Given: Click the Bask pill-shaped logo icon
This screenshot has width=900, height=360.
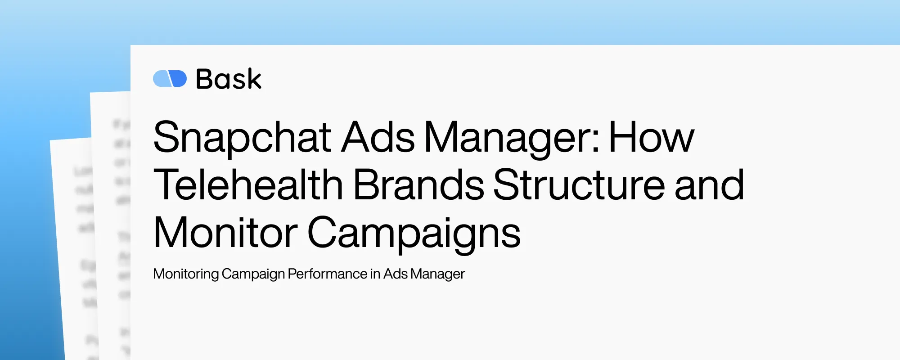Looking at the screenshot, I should [x=170, y=79].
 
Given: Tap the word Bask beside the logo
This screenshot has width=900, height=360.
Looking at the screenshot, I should [x=229, y=79].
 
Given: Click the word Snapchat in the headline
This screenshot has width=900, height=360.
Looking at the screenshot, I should [x=242, y=137].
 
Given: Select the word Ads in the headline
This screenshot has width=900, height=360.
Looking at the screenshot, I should [x=378, y=137].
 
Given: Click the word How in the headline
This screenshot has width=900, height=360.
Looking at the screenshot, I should [x=651, y=137].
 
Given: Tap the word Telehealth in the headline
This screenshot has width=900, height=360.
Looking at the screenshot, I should [x=248, y=185].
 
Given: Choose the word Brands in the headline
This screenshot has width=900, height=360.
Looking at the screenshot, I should [x=418, y=185].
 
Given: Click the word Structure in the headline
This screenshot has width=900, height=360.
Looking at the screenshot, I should [x=579, y=185].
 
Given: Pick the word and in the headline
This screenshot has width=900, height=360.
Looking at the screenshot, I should [x=709, y=185].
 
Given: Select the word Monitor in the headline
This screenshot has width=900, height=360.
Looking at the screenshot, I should [x=225, y=233].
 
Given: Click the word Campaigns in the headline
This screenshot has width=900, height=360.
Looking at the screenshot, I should [x=414, y=233].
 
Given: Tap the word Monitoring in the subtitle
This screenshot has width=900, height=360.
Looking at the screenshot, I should [x=186, y=274].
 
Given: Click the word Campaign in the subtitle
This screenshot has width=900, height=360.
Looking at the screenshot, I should [x=253, y=274].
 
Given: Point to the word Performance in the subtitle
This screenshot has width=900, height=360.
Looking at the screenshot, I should [x=328, y=274].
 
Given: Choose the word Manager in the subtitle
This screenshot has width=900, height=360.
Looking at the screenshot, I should [x=437, y=274].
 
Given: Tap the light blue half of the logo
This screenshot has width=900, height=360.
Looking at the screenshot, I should [x=161, y=79].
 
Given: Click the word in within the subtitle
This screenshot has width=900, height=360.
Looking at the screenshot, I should [x=375, y=274].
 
